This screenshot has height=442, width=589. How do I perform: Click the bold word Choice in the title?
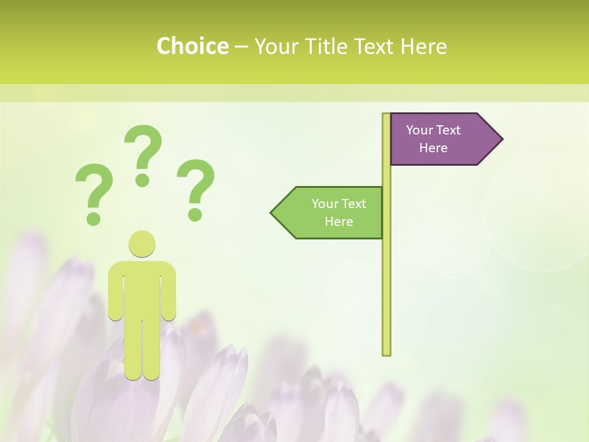[192, 47]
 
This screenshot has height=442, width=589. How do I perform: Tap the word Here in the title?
[423, 47]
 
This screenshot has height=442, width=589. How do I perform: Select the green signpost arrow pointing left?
[331, 213]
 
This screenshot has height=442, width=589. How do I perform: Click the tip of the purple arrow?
[501, 139]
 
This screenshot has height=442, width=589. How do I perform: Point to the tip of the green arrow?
[272, 213]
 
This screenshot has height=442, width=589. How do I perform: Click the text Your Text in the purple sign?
[433, 130]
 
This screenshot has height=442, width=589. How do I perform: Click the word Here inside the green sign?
[339, 222]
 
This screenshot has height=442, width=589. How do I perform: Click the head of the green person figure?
[142, 244]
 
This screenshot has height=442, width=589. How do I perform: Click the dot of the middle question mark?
[142, 180]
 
